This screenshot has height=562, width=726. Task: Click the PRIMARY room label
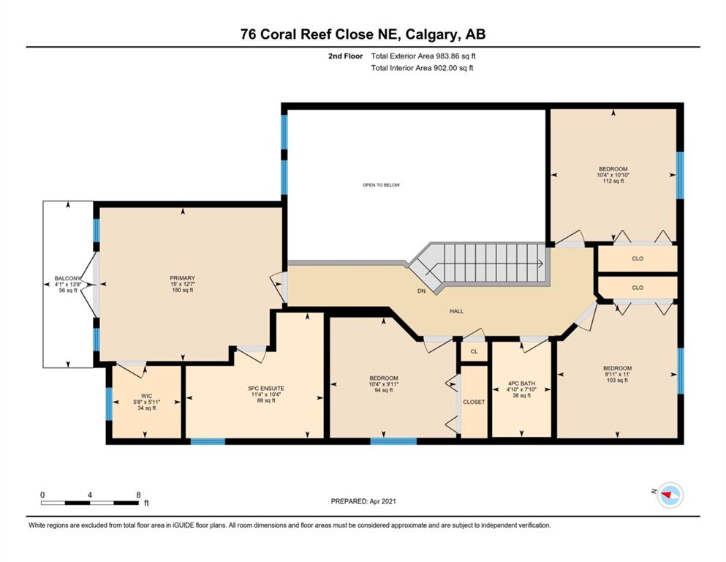click(x=183, y=278)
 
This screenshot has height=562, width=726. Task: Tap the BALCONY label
click(x=68, y=279)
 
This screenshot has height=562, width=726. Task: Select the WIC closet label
click(x=146, y=396)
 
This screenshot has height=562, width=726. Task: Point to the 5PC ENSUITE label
click(x=266, y=389)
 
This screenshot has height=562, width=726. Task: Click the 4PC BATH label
click(x=521, y=383)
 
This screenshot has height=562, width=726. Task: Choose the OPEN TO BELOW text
click(x=381, y=185)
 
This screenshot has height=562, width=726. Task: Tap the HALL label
click(x=456, y=311)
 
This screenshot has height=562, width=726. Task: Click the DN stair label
click(x=421, y=291)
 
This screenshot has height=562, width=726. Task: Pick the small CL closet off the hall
click(x=474, y=352)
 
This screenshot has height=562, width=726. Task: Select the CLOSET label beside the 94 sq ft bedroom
click(x=474, y=402)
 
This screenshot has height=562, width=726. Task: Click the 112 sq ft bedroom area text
click(x=613, y=181)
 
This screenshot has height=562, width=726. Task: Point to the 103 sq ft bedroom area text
click(x=617, y=381)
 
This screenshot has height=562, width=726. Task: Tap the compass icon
click(x=670, y=495)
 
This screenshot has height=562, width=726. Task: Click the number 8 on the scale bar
click(x=138, y=495)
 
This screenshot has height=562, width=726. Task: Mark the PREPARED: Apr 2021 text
click(x=363, y=501)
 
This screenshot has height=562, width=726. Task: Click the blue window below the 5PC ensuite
click(x=208, y=441)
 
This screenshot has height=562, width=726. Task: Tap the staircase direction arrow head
click(x=541, y=263)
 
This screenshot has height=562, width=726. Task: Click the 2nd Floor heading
click(x=345, y=56)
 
